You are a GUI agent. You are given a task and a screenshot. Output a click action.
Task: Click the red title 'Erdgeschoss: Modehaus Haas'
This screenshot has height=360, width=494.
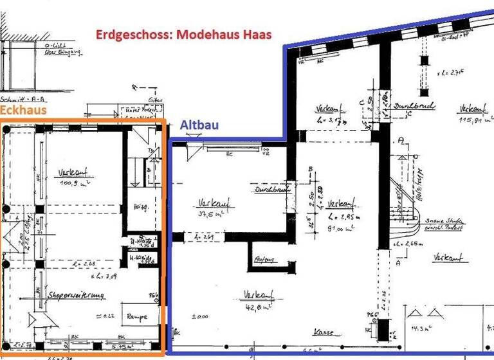click(x=184, y=35)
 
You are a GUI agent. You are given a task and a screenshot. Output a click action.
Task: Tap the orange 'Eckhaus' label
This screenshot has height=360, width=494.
click(x=24, y=111)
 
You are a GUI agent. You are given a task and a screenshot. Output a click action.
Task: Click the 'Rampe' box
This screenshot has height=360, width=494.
click(x=136, y=316)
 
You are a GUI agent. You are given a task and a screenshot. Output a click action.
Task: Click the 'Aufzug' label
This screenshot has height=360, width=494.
click(x=264, y=260)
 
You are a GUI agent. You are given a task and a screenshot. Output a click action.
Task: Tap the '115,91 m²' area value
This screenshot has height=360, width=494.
click(x=474, y=119)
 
